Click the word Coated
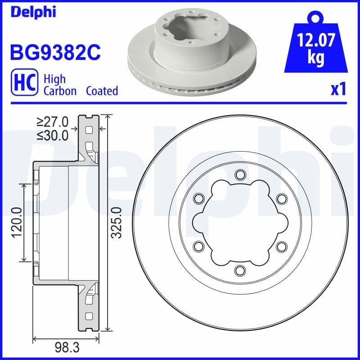pyautogui.click(x=102, y=91)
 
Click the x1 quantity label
pyautogui.click(x=338, y=90)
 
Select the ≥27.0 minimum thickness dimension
pyautogui.click(x=52, y=121)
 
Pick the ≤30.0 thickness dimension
pyautogui.click(x=52, y=135)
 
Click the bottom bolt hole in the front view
pyautogui.click(x=239, y=270)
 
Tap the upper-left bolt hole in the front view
pyautogui.click(x=198, y=198)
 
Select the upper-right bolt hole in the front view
pyautogui.click(x=281, y=198)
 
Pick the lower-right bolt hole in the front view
pyautogui.click(x=281, y=246)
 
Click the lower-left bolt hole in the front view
pyautogui.click(x=198, y=246)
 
